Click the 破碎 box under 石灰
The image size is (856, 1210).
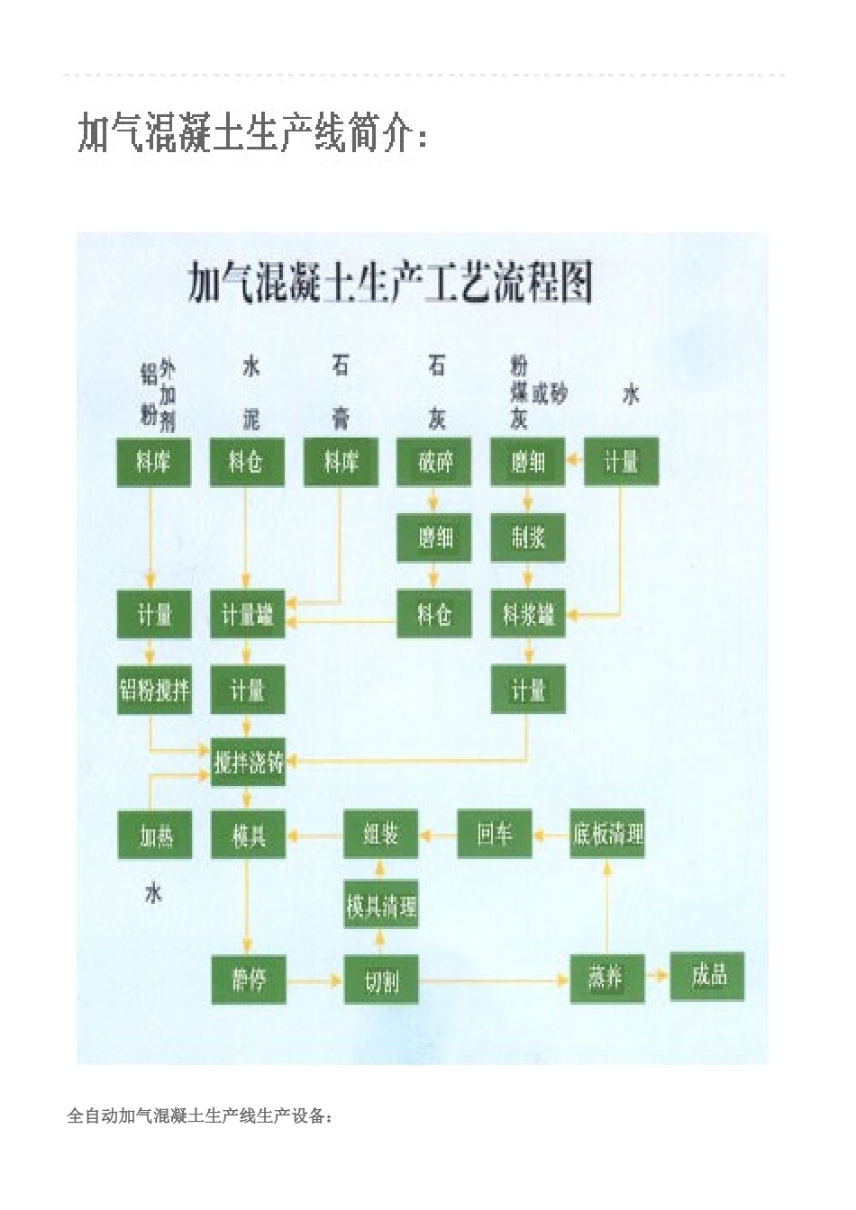434,462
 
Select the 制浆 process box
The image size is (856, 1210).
528,537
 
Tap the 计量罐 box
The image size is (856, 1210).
247,615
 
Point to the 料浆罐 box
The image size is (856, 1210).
528,615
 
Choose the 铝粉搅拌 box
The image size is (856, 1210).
154,690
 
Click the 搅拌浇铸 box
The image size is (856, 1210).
248,763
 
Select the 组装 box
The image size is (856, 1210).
381,834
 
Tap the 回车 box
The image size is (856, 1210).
494,834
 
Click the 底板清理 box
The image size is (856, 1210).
607,834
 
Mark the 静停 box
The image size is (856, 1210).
248,979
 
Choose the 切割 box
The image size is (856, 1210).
381,979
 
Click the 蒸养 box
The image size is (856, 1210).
607,977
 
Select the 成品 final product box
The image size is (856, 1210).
707,975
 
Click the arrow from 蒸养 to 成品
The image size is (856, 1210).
658,976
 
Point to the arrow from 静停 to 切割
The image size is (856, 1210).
314,980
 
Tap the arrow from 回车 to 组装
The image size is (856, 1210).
438,835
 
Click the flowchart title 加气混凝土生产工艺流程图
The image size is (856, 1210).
390,283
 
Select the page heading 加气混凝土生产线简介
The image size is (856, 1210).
253,133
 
